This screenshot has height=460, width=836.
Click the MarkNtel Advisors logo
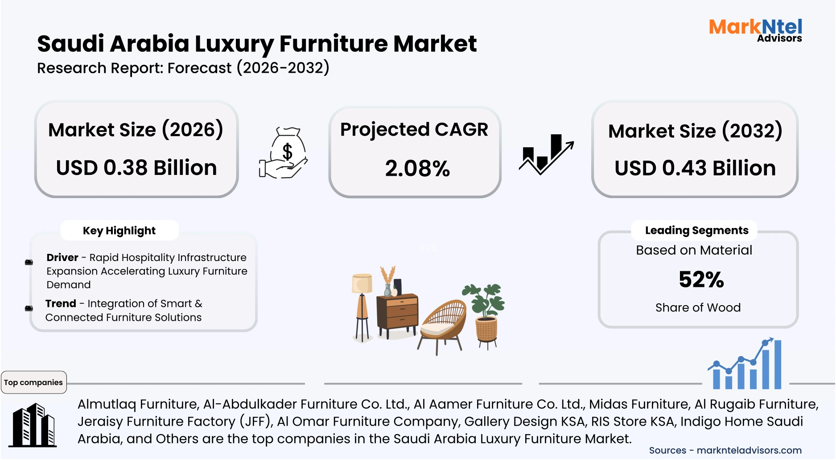755,30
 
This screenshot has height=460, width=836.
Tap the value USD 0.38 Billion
136,168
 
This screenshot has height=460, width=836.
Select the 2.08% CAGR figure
417,169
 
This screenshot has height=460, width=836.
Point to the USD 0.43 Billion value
695,169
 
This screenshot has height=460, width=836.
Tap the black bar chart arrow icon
546,154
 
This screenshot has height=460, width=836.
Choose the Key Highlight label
119,231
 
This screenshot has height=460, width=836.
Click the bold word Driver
62,257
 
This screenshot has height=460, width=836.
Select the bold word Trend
61,303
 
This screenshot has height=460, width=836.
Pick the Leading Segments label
696,230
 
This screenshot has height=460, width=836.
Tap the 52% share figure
701,280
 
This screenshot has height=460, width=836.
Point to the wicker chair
443,323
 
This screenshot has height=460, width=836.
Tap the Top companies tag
33,382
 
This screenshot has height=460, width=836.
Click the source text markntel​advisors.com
749,450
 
